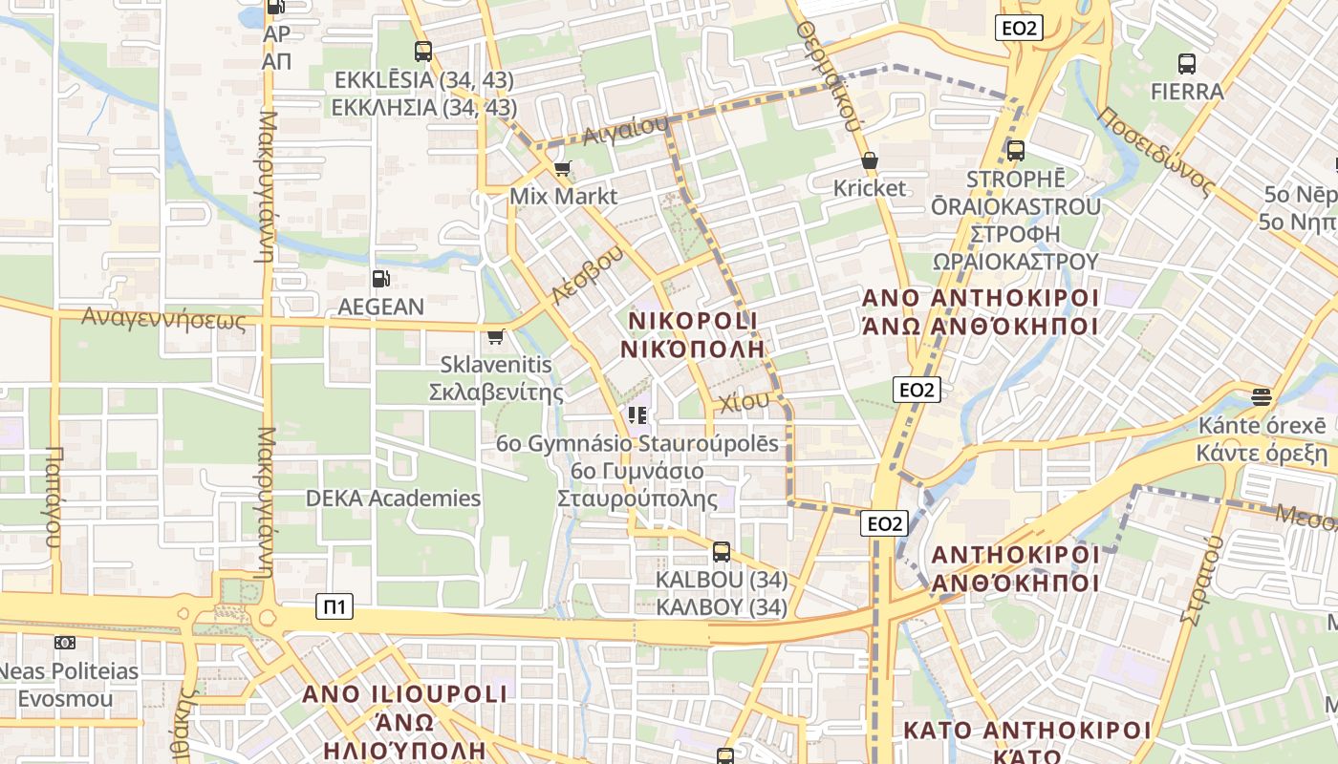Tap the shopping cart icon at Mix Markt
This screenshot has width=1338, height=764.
coord(562,169)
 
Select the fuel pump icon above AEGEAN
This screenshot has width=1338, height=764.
coord(380,279)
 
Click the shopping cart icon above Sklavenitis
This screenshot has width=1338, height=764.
coord(495,336)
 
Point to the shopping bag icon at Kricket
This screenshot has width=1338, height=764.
coord(869,160)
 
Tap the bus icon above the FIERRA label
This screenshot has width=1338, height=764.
coord(1186,64)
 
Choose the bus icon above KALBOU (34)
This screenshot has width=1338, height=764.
coord(722,552)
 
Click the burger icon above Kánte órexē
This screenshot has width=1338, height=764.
coord(1262,397)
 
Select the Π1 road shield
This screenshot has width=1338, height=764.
coord(334,606)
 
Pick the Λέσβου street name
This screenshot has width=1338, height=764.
coord(588,275)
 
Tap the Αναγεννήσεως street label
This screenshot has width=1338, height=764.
coord(163,318)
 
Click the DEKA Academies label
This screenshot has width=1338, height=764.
coord(393,498)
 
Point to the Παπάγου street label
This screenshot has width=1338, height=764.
coord(54,497)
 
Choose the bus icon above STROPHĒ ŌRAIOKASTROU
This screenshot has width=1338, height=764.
coord(1016,151)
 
